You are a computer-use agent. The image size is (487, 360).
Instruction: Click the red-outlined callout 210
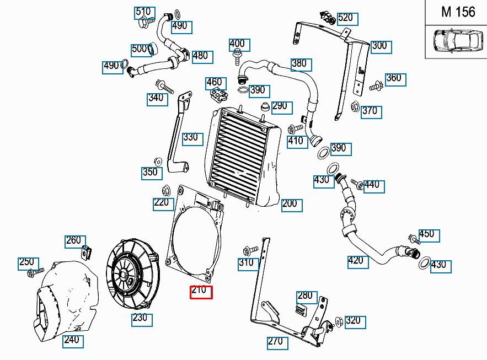(201, 292)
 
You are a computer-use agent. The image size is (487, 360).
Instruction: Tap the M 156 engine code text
(458, 12)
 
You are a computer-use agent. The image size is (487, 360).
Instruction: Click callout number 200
(289, 204)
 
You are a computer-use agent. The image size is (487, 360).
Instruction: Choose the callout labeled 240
(71, 340)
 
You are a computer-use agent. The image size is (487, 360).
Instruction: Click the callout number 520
(345, 18)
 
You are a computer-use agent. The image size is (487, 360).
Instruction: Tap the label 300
(379, 46)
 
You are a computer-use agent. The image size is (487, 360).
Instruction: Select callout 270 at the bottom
(275, 342)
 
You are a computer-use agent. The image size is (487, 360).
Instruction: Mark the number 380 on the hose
(299, 63)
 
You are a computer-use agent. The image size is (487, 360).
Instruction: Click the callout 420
(356, 260)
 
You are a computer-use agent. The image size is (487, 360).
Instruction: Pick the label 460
(214, 83)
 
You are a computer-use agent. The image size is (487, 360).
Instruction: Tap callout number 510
(143, 12)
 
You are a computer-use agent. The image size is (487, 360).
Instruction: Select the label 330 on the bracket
(190, 137)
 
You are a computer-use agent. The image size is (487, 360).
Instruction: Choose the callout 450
(427, 234)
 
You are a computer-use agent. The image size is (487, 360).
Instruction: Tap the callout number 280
(305, 296)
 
